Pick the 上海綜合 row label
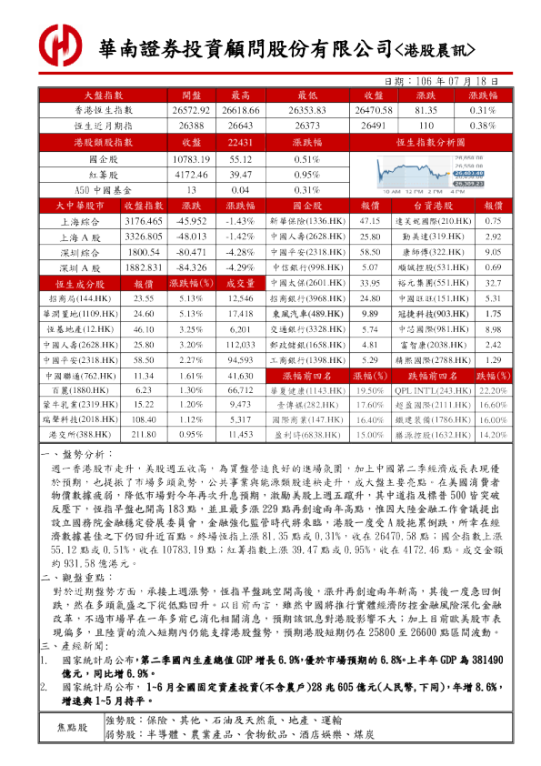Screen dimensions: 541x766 [80, 221]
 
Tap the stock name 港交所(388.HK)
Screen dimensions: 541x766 [80, 435]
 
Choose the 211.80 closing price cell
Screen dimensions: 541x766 [143, 435]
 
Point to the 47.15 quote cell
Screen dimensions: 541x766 [369, 221]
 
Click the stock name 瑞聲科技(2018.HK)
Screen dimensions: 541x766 [80, 419]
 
